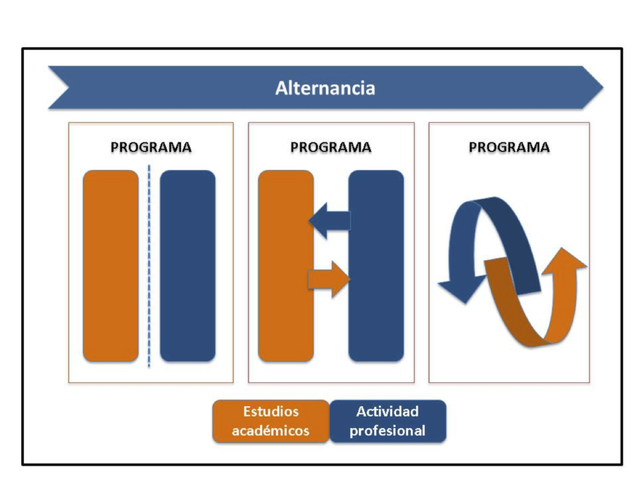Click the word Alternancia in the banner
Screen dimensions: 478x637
(325, 88)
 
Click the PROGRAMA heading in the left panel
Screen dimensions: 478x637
(151, 148)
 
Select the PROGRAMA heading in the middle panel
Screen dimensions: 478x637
(331, 148)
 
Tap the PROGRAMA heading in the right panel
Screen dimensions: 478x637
(509, 148)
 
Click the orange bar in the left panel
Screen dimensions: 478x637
(110, 266)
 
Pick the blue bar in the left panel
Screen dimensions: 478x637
(187, 266)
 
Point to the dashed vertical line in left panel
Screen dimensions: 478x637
(149, 266)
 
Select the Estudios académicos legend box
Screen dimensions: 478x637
(271, 421)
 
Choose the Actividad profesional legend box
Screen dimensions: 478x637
(388, 421)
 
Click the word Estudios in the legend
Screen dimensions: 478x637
(271, 412)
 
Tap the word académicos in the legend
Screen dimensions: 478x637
(271, 431)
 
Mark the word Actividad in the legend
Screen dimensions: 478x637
(388, 412)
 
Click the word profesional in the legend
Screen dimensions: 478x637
(388, 431)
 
